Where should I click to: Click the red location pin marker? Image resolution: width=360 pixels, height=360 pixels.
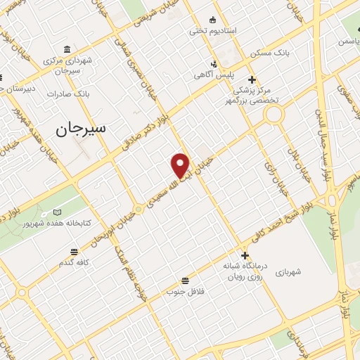point(181,165)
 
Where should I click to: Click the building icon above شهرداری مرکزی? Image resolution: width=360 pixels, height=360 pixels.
point(67,49)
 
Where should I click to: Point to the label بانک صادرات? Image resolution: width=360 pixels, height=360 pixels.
point(68,94)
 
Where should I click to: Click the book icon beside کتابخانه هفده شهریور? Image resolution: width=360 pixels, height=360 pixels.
point(58,212)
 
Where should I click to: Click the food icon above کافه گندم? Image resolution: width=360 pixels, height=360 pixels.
point(75,250)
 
